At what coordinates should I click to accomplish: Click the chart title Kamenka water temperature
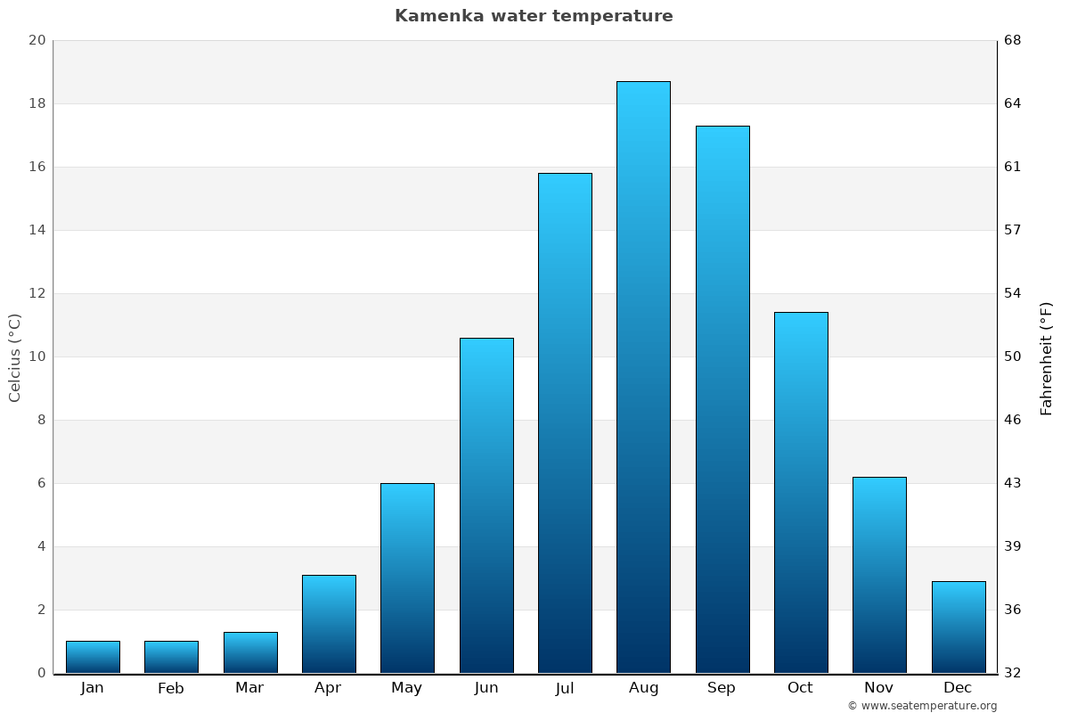[x=534, y=16]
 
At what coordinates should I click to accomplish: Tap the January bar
[x=93, y=657]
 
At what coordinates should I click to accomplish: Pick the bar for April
[x=329, y=624]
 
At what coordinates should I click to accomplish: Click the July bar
[x=565, y=423]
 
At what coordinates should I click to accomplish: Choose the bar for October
[x=801, y=493]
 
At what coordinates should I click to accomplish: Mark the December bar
[x=959, y=627]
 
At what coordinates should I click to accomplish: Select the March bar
[x=250, y=652]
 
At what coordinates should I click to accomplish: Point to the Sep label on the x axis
[x=722, y=688]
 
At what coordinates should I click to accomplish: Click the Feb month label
[x=171, y=688]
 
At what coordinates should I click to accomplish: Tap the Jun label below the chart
[x=486, y=688]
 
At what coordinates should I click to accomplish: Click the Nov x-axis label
[x=879, y=688]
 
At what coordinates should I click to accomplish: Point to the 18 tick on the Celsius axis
[x=37, y=103]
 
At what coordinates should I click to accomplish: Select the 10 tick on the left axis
[x=37, y=356]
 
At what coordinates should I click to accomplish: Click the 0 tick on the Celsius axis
[x=41, y=673]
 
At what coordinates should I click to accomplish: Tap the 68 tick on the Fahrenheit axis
[x=1013, y=40]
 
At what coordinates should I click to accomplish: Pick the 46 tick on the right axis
[x=1013, y=420]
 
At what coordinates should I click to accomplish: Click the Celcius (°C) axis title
[x=14, y=357]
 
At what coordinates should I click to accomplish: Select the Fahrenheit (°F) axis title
[x=1046, y=357]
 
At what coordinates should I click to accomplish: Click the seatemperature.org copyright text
[x=922, y=706]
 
